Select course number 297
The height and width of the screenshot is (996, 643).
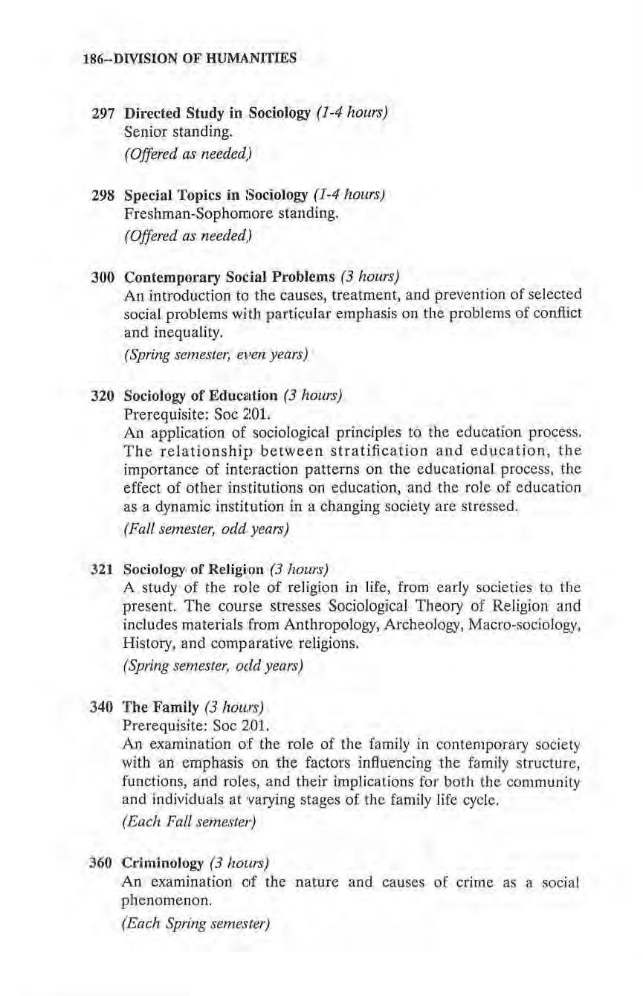click(102, 115)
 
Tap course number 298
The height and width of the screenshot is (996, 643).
click(102, 196)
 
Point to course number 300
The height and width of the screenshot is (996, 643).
click(102, 278)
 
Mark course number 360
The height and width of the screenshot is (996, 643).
click(102, 863)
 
